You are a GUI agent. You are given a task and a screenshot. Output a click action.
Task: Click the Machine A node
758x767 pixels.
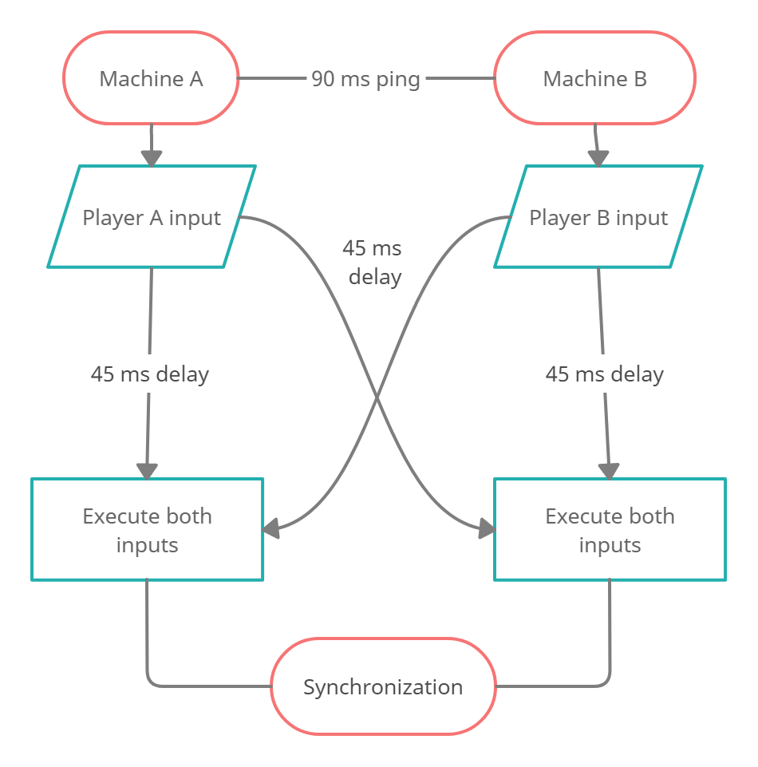(x=151, y=78)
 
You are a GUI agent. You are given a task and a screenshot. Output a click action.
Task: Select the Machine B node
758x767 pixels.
(x=594, y=78)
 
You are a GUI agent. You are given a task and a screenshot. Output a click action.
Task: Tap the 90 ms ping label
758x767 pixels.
(x=365, y=79)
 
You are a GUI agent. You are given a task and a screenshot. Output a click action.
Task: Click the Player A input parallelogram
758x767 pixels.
(x=152, y=217)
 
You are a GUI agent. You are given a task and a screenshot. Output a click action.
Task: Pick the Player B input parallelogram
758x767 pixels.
(x=598, y=217)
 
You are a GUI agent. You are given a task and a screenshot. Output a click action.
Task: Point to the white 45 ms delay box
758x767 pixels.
(x=374, y=263)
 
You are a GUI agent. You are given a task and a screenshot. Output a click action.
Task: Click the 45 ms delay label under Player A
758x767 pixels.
(x=149, y=374)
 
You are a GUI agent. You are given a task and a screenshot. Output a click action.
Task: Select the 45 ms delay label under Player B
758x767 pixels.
(x=604, y=374)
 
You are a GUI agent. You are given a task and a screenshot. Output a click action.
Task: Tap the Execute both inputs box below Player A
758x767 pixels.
(x=148, y=530)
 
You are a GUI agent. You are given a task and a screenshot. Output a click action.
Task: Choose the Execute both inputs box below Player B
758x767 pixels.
(x=610, y=530)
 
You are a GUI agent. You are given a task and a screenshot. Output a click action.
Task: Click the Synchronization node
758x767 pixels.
(x=383, y=686)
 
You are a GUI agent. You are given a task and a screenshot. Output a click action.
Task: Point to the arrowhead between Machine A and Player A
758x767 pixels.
(x=152, y=156)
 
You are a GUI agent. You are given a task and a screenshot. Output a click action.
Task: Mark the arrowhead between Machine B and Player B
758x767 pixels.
(x=598, y=156)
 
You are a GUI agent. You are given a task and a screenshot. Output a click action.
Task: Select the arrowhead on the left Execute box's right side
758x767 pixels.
(x=273, y=528)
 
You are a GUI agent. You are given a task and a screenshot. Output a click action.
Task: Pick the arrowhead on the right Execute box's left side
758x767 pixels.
(x=485, y=528)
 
